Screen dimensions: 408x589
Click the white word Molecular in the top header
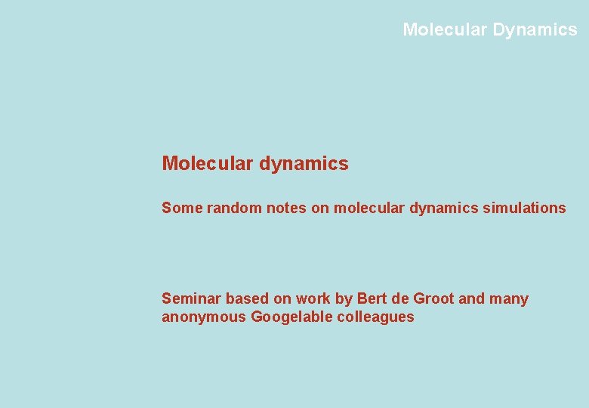coord(445,29)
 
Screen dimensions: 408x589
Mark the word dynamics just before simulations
coord(444,208)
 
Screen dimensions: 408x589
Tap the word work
coord(313,298)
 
